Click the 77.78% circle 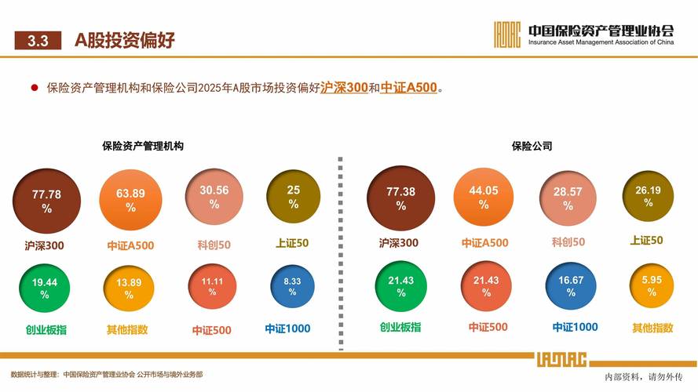coord(46,201)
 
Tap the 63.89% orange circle coord(130,201)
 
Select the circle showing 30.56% coord(214,198)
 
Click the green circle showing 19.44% coord(45,288)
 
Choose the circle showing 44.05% coord(484,197)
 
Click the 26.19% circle coord(648,196)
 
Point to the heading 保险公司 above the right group coord(532,147)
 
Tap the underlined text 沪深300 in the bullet coord(344,88)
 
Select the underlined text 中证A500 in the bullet coord(408,88)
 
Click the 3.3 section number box coord(38,41)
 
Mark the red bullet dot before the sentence coord(35,88)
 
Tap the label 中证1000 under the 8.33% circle coord(287,329)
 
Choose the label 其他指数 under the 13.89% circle coord(127,330)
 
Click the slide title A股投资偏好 coord(125,41)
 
